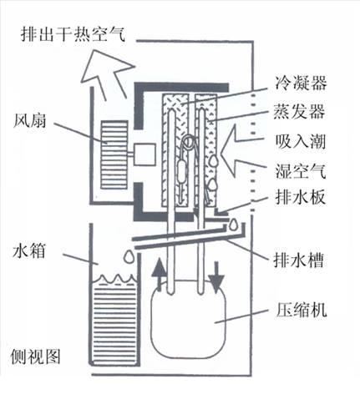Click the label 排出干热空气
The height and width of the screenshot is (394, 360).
(74, 34)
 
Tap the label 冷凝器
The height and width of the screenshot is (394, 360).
(301, 83)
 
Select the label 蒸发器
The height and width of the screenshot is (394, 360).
(299, 112)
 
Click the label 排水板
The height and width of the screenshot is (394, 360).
(300, 198)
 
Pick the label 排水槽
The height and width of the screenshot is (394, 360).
(299, 260)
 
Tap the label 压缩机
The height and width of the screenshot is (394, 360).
(301, 310)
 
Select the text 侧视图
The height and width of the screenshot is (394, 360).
(36, 356)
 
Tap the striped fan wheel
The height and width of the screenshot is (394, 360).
(114, 154)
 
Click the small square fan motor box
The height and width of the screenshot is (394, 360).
(145, 154)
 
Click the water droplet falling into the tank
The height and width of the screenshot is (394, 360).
(128, 256)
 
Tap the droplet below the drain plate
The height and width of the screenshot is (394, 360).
(233, 225)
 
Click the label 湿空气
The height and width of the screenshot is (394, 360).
(301, 170)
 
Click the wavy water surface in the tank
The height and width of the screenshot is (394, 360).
(114, 279)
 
